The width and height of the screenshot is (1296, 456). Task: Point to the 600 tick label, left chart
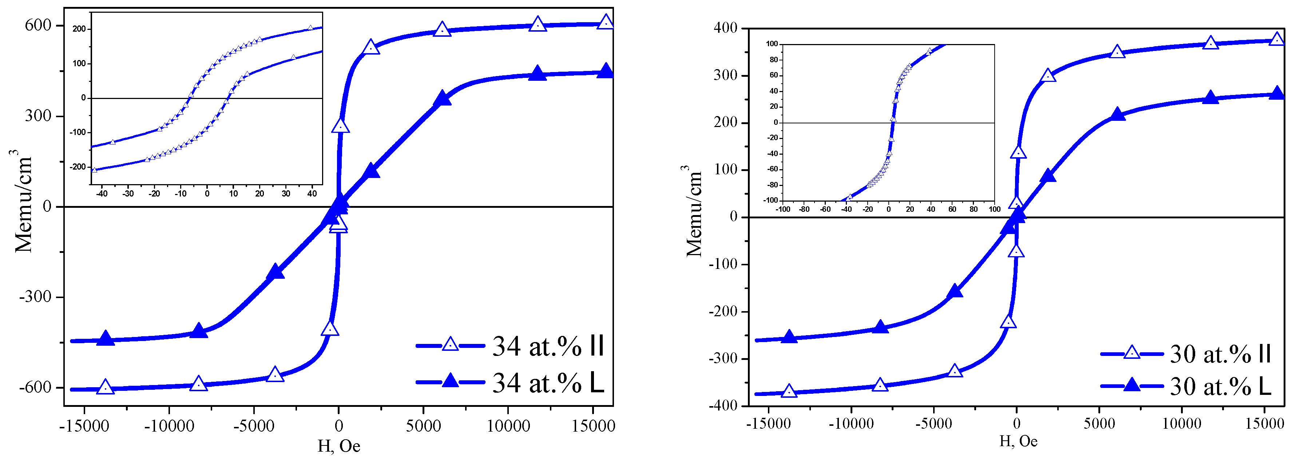click(x=38, y=25)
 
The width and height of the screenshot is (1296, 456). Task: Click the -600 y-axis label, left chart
click(x=35, y=387)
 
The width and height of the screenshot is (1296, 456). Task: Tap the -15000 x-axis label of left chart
click(x=84, y=426)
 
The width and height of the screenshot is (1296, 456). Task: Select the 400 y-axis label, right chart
click(x=725, y=28)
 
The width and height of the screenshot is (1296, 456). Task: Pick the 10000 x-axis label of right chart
click(x=1181, y=424)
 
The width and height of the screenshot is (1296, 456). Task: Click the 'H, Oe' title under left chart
click(x=338, y=446)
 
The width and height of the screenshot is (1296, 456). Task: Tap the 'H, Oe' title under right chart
click(x=1018, y=441)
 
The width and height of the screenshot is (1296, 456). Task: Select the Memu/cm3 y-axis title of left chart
click(x=23, y=201)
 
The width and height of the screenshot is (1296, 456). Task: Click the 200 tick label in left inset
click(x=79, y=29)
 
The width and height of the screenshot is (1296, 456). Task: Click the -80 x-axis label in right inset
click(x=804, y=209)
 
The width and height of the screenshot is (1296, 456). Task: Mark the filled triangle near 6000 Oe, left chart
click(x=442, y=98)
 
